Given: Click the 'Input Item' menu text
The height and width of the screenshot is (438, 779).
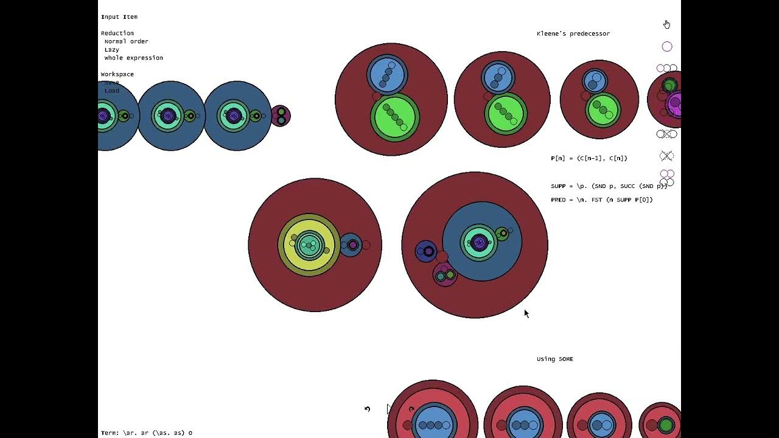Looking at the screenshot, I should coord(119,17).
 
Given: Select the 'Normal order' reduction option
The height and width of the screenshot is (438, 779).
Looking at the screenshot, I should coord(126,41).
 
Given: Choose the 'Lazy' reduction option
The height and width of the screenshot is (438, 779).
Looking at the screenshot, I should coord(111,50).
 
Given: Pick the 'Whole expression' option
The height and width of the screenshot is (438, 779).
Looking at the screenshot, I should coord(133,58).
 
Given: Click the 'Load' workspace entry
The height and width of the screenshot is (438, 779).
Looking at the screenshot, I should coord(111,91).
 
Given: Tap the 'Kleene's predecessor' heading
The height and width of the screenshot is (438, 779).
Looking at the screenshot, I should coord(573,33).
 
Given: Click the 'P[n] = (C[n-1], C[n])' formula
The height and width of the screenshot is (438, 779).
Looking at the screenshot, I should coord(589,158).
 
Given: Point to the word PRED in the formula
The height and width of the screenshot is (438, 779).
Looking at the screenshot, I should coord(558,200).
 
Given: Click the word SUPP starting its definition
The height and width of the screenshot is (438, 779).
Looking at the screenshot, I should coord(558,186).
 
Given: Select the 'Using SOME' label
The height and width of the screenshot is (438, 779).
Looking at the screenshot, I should coord(554,359).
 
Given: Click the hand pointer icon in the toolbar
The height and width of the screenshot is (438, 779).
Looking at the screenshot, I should coord(666,24).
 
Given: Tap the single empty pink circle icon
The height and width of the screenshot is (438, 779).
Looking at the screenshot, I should coord(666,47).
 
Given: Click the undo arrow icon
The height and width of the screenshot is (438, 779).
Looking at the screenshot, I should coord(367,409).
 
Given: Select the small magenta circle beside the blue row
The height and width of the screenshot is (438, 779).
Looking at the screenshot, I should coord(281,116).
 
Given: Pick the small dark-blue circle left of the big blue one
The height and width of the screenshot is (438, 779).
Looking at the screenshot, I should coord(425,251).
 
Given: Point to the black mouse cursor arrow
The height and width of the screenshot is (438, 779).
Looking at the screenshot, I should coord(526,313).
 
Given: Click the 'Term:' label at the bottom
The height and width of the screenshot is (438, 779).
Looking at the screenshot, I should coord(110,433).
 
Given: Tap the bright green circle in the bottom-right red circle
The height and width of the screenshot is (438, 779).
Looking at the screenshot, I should coord(666,425).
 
